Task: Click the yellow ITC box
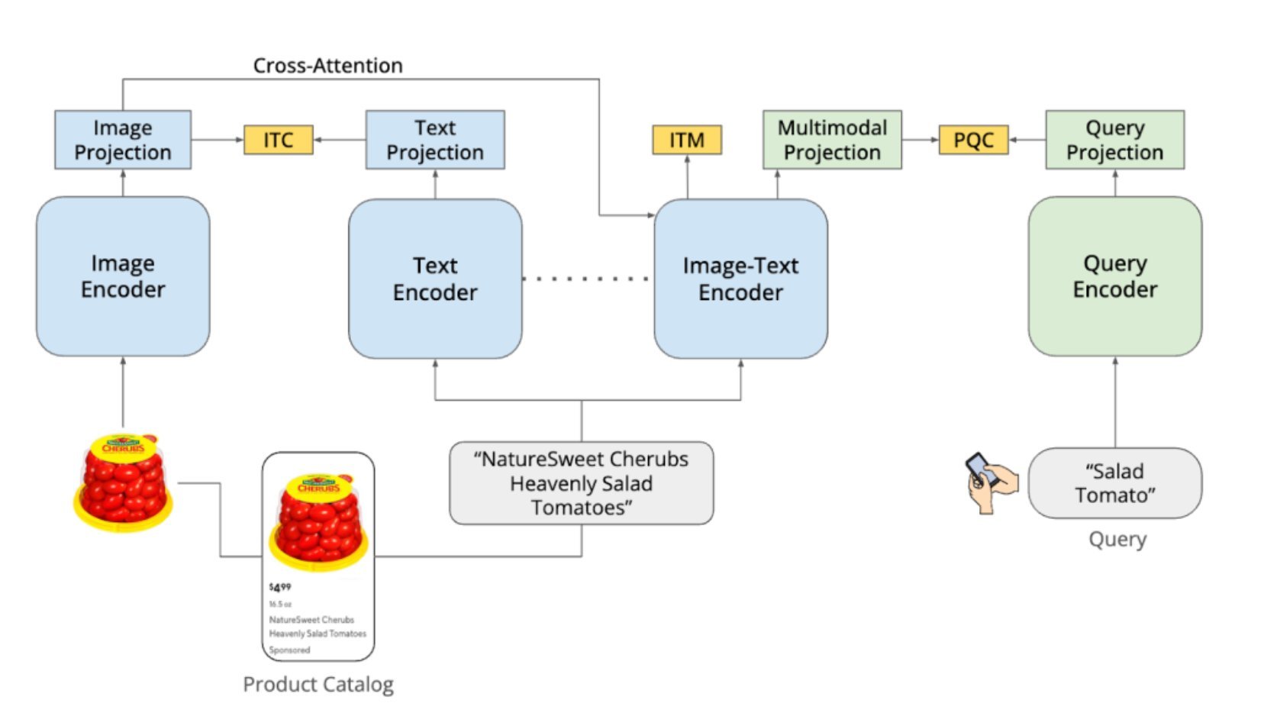coord(278,140)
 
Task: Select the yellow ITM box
coord(686,140)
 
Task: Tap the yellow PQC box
coord(973,140)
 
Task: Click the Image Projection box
coord(123,140)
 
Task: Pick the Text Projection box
coord(435,140)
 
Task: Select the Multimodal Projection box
coord(832,140)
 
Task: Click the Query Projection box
coord(1114,140)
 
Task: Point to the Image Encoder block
coord(123,276)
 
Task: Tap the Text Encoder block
coord(435,279)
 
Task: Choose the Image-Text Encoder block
coord(740,279)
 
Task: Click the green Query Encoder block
coord(1114,276)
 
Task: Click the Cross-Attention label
coord(327,66)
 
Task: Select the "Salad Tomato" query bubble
coord(1114,483)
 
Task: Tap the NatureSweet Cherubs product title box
coord(581,483)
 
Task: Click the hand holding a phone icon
coord(991,482)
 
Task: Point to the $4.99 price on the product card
coord(280,587)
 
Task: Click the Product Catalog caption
coord(318,684)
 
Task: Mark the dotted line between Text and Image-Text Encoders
coord(586,279)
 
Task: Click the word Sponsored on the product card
coord(289,650)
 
